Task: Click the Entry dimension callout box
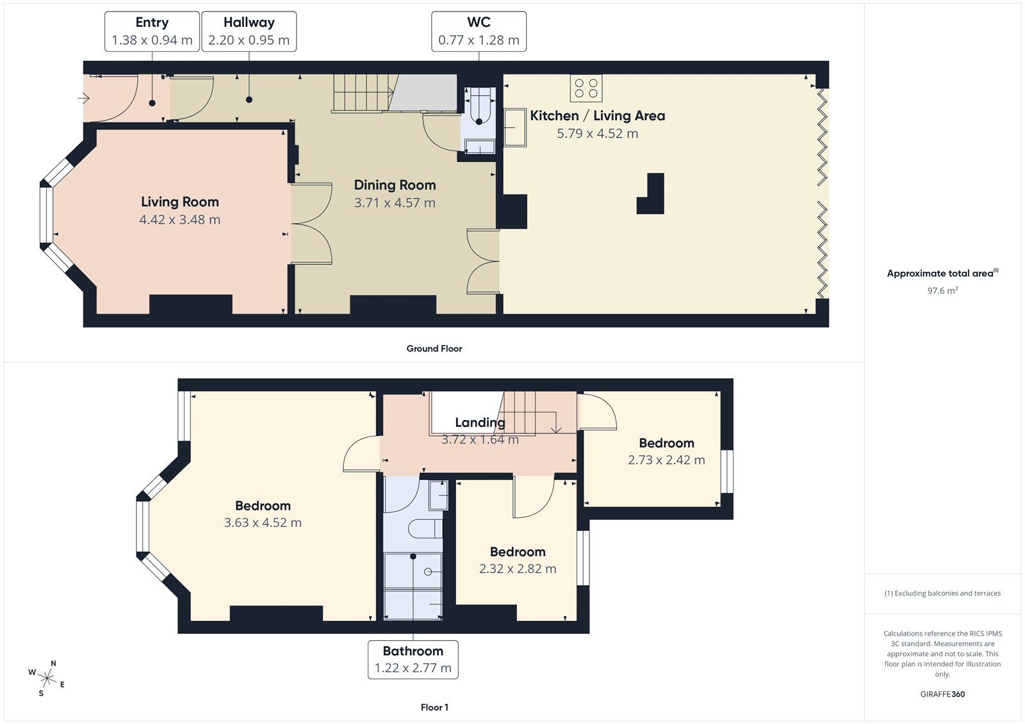pos(152,31)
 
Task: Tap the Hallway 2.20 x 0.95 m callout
pos(249,31)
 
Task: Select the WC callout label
pos(479,31)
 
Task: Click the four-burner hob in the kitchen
pos(586,88)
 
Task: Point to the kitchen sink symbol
pos(515,127)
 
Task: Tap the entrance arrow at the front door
pos(84,98)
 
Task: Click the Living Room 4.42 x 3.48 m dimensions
pos(180,220)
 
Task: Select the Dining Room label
pos(395,185)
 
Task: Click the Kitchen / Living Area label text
pos(597,116)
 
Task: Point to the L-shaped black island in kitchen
pos(652,195)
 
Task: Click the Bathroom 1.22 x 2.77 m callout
pos(413,660)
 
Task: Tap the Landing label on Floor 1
pos(480,422)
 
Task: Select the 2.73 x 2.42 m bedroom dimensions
pos(666,460)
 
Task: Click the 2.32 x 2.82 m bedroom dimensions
pos(518,569)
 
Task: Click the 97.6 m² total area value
pos(942,291)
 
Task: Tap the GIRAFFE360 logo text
pos(942,694)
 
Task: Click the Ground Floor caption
pos(434,349)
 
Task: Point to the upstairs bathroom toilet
pos(426,529)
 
